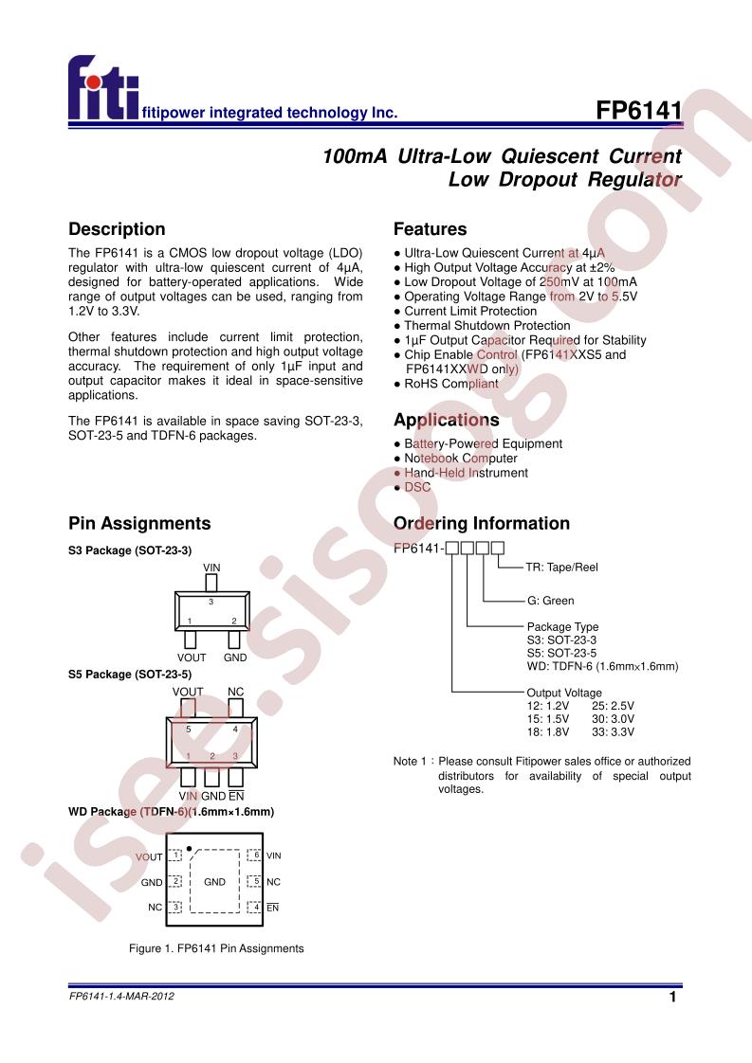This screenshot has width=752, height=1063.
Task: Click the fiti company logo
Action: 103,88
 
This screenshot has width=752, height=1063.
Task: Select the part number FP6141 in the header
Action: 638,110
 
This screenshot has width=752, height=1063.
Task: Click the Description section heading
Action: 117,229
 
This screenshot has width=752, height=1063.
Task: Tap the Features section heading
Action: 431,229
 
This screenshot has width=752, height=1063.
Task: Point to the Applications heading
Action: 447,421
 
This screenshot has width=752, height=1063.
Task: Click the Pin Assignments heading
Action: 139,523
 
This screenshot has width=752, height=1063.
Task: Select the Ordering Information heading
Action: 482,523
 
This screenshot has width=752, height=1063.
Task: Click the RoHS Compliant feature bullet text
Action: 451,384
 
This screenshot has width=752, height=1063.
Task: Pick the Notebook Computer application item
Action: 461,459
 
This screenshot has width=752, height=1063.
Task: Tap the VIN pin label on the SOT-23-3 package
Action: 211,568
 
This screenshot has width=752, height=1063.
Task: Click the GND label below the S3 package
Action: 235,658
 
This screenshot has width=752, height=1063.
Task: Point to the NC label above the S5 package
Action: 235,693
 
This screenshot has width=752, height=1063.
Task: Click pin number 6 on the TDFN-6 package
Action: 257,856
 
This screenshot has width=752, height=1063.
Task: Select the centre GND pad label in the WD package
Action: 214,882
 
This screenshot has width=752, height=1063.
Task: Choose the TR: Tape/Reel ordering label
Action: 562,568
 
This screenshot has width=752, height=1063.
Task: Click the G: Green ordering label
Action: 550,601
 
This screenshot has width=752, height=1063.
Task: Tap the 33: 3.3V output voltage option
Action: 613,732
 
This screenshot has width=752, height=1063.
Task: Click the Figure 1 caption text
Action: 216,948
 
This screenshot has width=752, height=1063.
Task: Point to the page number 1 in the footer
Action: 672,997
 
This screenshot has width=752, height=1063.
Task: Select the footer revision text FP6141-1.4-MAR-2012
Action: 121,996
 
